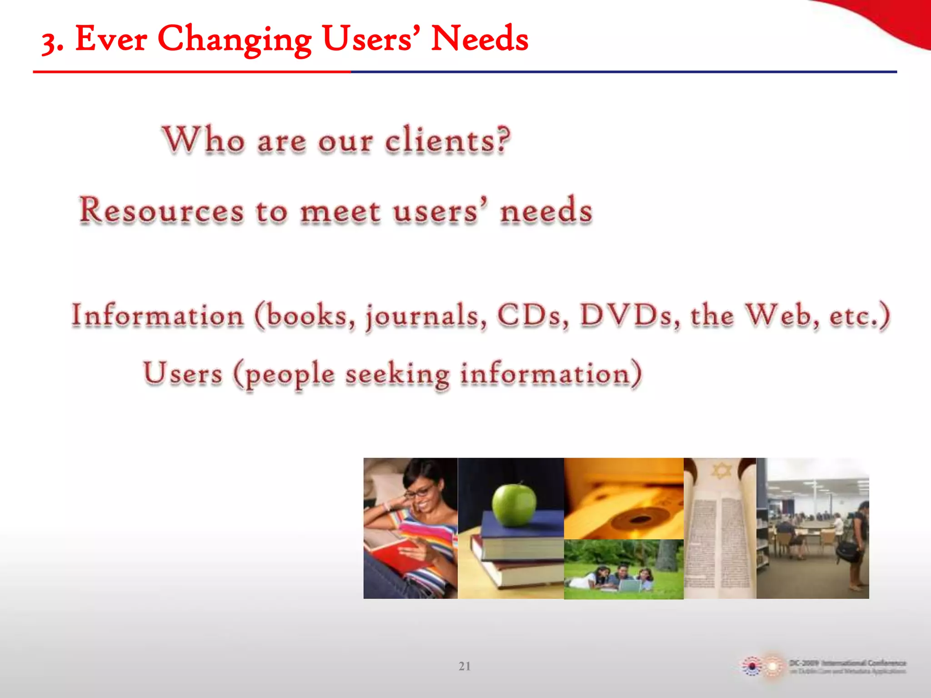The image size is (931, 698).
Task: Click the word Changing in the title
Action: coord(235,40)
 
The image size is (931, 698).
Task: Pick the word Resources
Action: coord(161,211)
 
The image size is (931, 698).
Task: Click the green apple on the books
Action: coord(514,504)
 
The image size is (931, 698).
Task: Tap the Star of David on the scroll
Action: coord(721,471)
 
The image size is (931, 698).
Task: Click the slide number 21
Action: coord(465,666)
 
